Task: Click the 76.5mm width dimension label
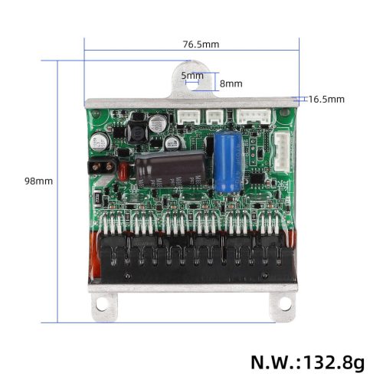coord(201,44)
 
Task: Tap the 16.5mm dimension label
coord(326,99)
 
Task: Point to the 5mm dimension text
coord(191,75)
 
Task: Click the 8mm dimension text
coord(231,83)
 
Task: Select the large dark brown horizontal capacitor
coord(171,169)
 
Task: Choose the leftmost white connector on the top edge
coord(187,117)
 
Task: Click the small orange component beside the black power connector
coord(112,167)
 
